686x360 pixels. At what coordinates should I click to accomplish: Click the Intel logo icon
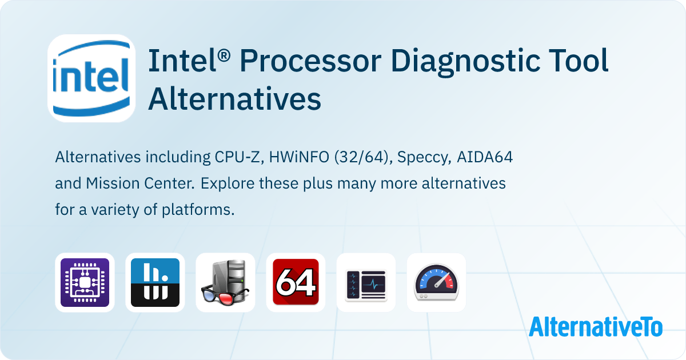click(x=91, y=78)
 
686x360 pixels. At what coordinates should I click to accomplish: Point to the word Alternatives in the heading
click(x=234, y=99)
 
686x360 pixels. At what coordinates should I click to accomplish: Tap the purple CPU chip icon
click(x=85, y=282)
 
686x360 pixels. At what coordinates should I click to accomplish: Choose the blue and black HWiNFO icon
click(x=155, y=282)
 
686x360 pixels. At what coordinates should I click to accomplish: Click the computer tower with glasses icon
click(x=225, y=282)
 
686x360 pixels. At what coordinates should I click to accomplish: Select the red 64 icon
click(x=296, y=282)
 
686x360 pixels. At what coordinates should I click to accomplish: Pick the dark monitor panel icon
click(x=366, y=282)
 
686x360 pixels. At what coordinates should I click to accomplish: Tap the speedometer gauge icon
click(x=436, y=282)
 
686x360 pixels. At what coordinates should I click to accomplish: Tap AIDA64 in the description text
click(x=486, y=157)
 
